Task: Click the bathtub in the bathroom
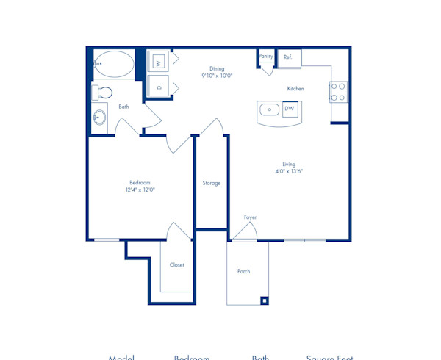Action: pyautogui.click(x=115, y=64)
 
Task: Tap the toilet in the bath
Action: pyautogui.click(x=103, y=93)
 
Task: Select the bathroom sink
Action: pyautogui.click(x=100, y=118)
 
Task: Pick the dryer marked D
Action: pyautogui.click(x=158, y=86)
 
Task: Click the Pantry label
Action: pyautogui.click(x=265, y=56)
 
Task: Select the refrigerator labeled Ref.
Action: pyautogui.click(x=288, y=57)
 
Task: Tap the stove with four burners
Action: pyautogui.click(x=338, y=92)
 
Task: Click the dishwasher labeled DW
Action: pyautogui.click(x=290, y=109)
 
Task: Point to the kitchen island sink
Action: pyautogui.click(x=270, y=110)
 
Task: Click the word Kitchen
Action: pyautogui.click(x=295, y=89)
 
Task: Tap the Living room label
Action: pyautogui.click(x=289, y=164)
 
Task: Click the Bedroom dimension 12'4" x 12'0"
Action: pyautogui.click(x=140, y=190)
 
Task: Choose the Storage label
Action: pyautogui.click(x=212, y=183)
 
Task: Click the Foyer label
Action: pyautogui.click(x=250, y=217)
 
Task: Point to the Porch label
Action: pyautogui.click(x=243, y=271)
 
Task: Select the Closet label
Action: pyautogui.click(x=176, y=264)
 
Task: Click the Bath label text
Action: pyautogui.click(x=123, y=107)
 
